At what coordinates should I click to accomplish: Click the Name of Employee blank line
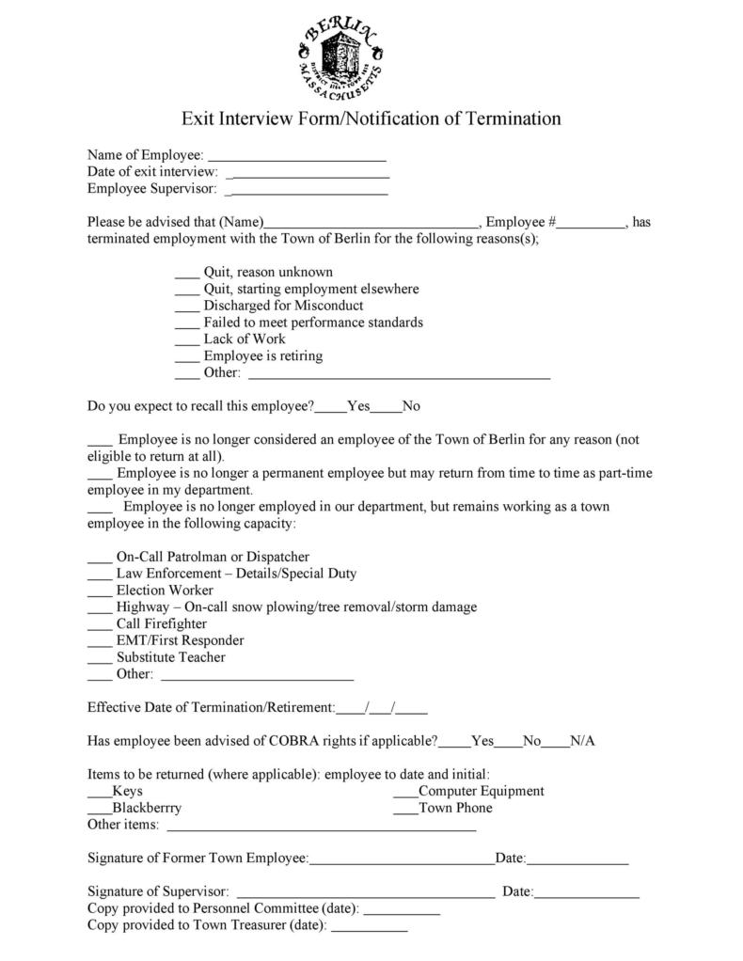[296, 156]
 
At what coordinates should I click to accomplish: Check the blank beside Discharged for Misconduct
[187, 307]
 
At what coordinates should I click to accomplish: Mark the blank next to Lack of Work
[187, 340]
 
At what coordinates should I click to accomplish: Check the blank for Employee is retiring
[187, 357]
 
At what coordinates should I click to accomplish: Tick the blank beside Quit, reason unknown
[187, 274]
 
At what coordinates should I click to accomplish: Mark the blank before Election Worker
[100, 591]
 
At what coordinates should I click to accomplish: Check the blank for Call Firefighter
[100, 625]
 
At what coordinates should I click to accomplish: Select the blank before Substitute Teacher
[100, 659]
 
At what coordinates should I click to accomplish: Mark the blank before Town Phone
[405, 810]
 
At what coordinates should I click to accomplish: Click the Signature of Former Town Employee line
[402, 860]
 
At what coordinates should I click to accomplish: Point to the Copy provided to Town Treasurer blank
[370, 928]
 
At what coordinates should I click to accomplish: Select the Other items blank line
[321, 827]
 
